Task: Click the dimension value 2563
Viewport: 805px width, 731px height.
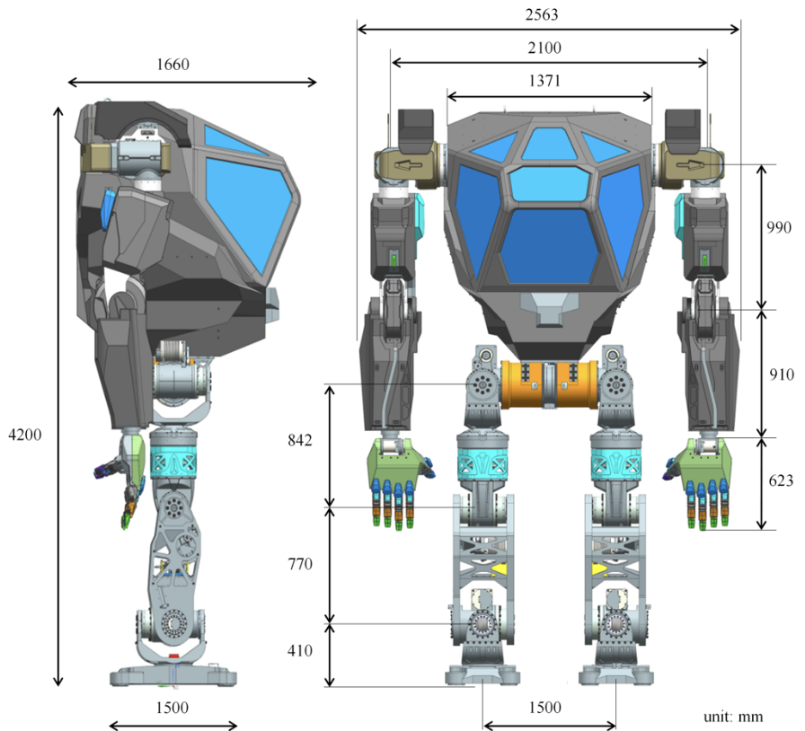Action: [x=549, y=14]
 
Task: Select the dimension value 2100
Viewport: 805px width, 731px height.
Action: [x=549, y=47]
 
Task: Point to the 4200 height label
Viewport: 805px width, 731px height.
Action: [x=24, y=434]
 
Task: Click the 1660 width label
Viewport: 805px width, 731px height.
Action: [x=173, y=64]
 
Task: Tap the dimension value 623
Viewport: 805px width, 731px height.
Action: [x=779, y=480]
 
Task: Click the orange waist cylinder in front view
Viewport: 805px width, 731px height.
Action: [x=547, y=383]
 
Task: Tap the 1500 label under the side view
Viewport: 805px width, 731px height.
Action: [x=172, y=707]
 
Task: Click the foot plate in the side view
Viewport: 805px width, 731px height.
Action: [x=173, y=674]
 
